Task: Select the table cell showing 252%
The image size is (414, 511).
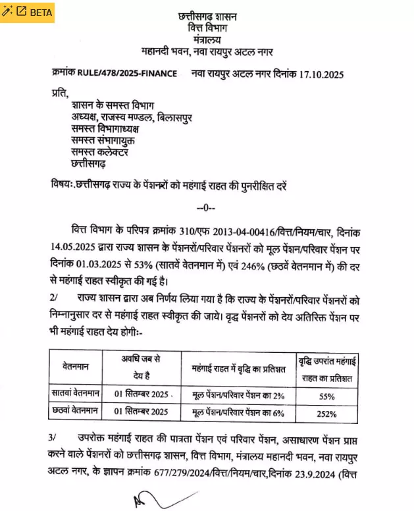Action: point(326,414)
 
